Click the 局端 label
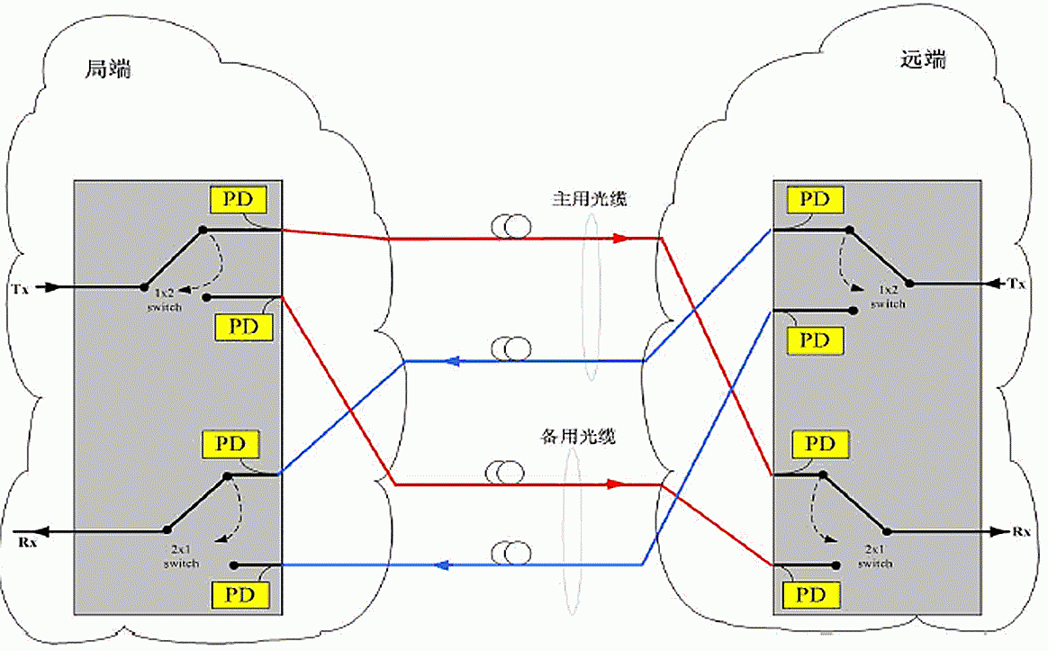pyautogui.click(x=108, y=68)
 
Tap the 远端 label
pyautogui.click(x=923, y=60)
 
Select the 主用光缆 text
pyautogui.click(x=589, y=199)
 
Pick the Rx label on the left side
pyautogui.click(x=25, y=541)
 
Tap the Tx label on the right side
pyautogui.click(x=1017, y=284)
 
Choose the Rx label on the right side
pyautogui.click(x=1021, y=532)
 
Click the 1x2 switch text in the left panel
pyautogui.click(x=165, y=300)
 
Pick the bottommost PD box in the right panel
pyautogui.click(x=812, y=595)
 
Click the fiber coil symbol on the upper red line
pyautogui.click(x=510, y=229)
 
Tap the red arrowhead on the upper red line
pyautogui.click(x=619, y=239)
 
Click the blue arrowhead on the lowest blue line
pyautogui.click(x=441, y=565)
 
